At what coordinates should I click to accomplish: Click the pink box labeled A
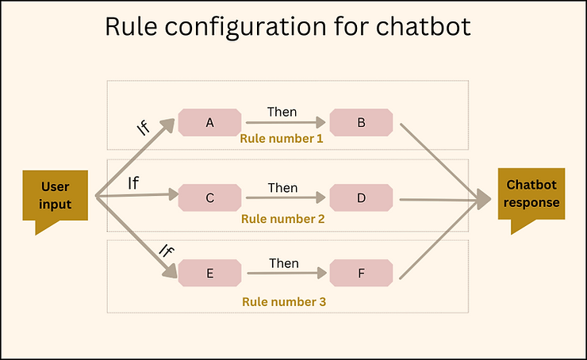[x=209, y=122]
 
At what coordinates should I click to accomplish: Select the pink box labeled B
[x=361, y=122]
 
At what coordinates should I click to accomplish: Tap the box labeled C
[x=209, y=197]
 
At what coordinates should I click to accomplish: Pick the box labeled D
[x=361, y=197]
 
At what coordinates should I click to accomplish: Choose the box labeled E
[x=209, y=273]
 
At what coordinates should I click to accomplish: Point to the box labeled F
[x=361, y=273]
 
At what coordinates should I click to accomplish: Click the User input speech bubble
[x=55, y=195]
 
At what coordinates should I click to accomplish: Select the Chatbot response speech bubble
[x=531, y=193]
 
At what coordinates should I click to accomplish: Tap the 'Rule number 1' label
[x=281, y=139]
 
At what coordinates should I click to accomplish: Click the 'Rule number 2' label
[x=282, y=219]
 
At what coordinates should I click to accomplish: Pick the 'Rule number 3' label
[x=284, y=301]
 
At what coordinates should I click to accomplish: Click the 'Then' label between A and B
[x=282, y=112]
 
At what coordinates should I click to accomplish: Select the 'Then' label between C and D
[x=282, y=187]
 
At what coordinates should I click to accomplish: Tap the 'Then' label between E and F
[x=284, y=263]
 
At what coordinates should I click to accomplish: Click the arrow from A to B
[x=286, y=122]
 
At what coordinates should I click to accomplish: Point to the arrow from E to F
[x=287, y=274]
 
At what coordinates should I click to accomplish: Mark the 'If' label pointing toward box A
[x=144, y=128]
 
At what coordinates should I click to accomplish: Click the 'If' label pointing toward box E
[x=167, y=251]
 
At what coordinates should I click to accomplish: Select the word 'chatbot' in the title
[x=423, y=26]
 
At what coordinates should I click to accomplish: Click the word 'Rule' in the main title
[x=131, y=26]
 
